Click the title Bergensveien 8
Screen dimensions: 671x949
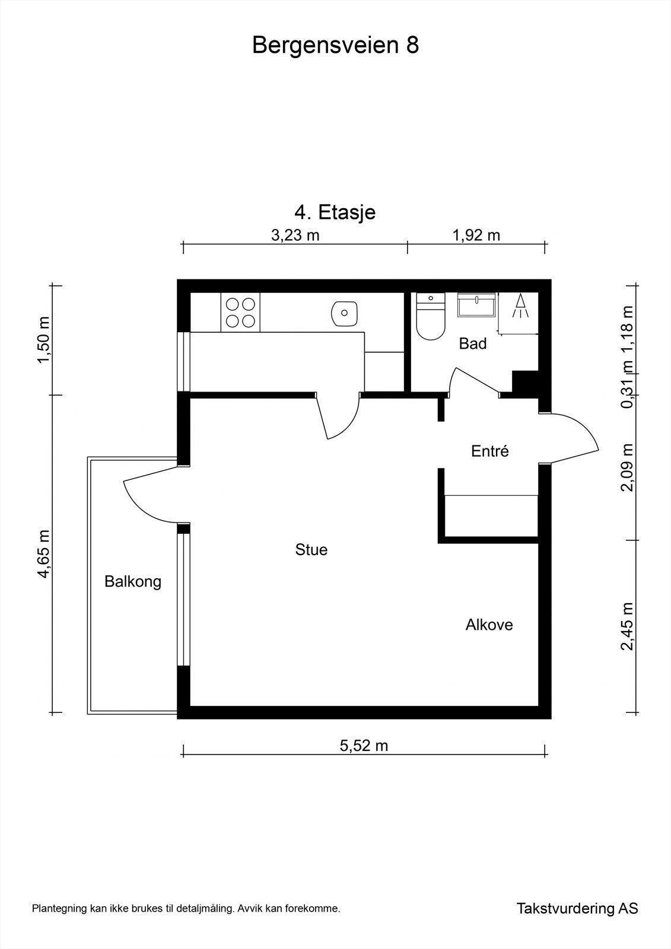pos(335,45)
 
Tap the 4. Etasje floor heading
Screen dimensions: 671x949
pos(335,212)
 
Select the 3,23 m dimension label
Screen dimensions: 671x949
pos(295,235)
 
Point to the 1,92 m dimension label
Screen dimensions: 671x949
pos(476,235)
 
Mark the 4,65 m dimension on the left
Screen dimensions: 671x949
pos(44,554)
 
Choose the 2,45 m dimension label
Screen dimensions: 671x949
pos(627,626)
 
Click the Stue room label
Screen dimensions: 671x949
pos(311,550)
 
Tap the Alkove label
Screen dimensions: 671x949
pos(489,625)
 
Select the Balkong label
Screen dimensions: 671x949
pos(133,582)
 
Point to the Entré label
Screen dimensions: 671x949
pos(489,451)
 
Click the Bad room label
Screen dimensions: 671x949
pos(473,343)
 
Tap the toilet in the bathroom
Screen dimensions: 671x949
pos(431,316)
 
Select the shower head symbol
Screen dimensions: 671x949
pos(520,306)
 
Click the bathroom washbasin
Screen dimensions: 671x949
pos(477,304)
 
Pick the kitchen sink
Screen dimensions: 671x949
pos(344,313)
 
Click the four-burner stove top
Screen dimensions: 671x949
pos(240,312)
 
